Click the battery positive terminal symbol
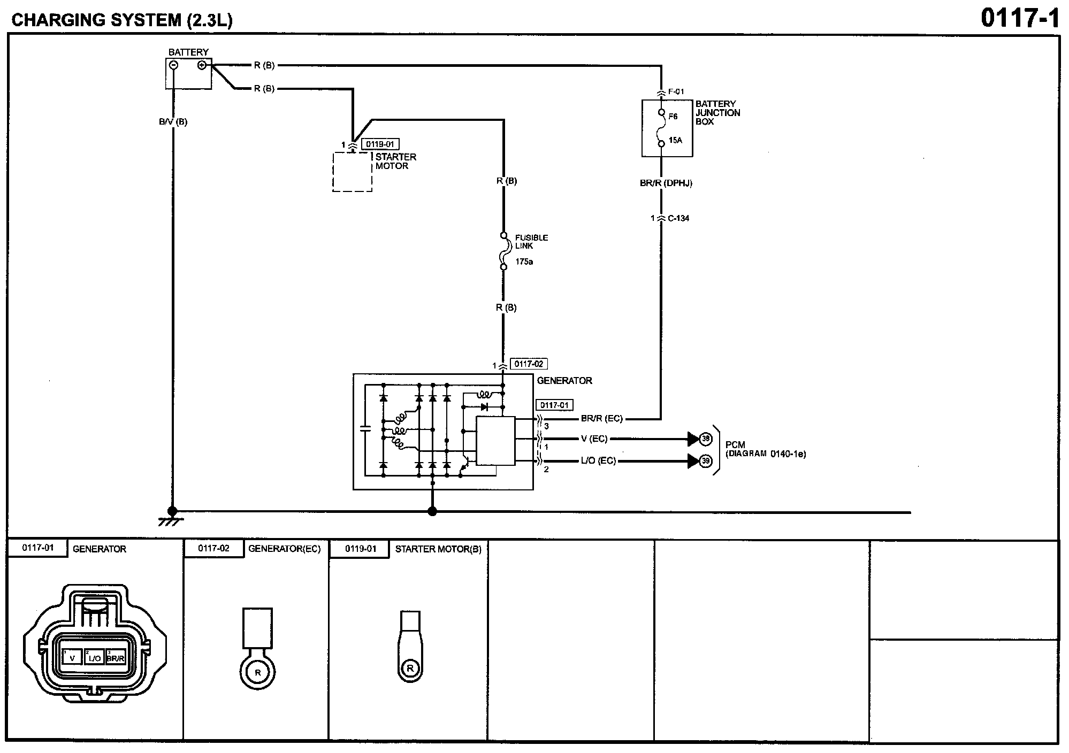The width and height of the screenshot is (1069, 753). pyautogui.click(x=202, y=65)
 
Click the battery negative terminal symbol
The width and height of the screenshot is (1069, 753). pyautogui.click(x=173, y=65)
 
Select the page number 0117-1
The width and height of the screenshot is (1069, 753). pyautogui.click(x=1020, y=18)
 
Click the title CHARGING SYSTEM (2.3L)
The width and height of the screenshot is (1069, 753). pyautogui.click(x=122, y=20)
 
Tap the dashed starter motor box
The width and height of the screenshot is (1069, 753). pyautogui.click(x=352, y=172)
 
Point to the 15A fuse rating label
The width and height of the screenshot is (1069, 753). pyautogui.click(x=675, y=141)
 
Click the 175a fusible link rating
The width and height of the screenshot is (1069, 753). pyautogui.click(x=524, y=262)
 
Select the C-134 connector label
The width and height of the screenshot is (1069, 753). pyautogui.click(x=678, y=218)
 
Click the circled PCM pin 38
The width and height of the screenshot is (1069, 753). pyautogui.click(x=706, y=439)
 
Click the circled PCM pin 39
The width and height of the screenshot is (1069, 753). pyautogui.click(x=706, y=460)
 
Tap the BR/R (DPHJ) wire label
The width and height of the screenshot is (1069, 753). pyautogui.click(x=666, y=183)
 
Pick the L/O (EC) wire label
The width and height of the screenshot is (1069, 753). pyautogui.click(x=598, y=460)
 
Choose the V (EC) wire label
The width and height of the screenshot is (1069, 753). pyautogui.click(x=594, y=439)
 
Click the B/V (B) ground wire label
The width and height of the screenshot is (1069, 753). pyautogui.click(x=173, y=122)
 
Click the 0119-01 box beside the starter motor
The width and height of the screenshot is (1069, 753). pyautogui.click(x=380, y=144)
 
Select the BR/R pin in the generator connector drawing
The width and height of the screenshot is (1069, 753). pyautogui.click(x=115, y=658)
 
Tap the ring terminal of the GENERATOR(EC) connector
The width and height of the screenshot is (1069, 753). pyautogui.click(x=257, y=672)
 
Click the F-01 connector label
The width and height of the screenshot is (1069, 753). pyautogui.click(x=676, y=91)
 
